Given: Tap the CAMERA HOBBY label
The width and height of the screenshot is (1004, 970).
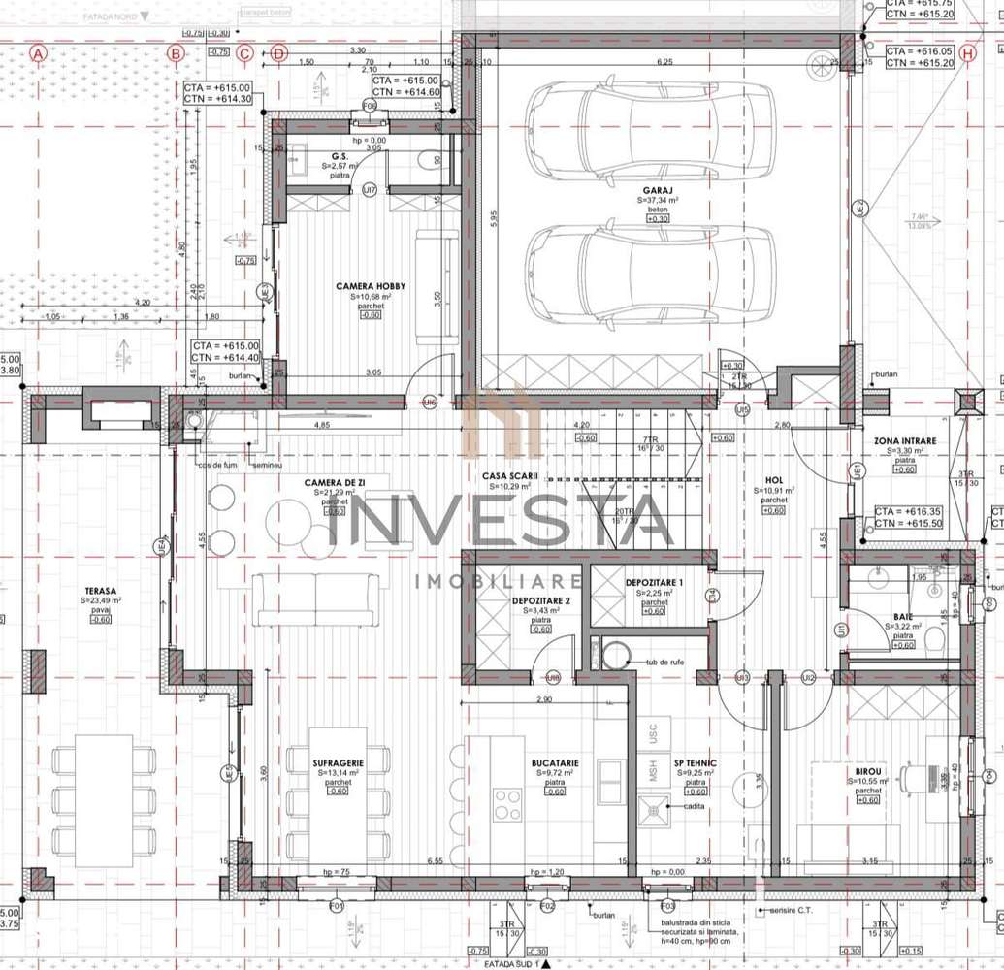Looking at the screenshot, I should pos(371,286).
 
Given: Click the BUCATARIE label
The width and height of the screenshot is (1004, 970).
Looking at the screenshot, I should pos(555,763).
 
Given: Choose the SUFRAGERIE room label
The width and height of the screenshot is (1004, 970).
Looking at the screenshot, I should pos(338,763).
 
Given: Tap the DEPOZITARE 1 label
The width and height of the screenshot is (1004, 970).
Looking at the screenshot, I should pos(654,582).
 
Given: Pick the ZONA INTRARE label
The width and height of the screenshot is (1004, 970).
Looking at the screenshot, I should pos(905,441).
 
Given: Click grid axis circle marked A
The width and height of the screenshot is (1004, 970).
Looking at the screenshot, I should pos(38,53).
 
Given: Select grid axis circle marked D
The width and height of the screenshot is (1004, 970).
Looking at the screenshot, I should pos(279,53).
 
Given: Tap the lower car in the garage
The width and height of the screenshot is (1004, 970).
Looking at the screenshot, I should pos(650,275).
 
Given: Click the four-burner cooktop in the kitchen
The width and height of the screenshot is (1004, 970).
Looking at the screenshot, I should pos(507,804).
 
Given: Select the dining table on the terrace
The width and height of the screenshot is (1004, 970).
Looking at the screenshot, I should pos(103,801).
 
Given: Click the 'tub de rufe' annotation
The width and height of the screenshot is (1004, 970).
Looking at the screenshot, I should pos(667,663).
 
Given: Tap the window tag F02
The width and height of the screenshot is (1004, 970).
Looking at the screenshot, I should pos(548,906).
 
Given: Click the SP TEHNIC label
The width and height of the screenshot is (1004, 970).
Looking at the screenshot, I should pos(695,763).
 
